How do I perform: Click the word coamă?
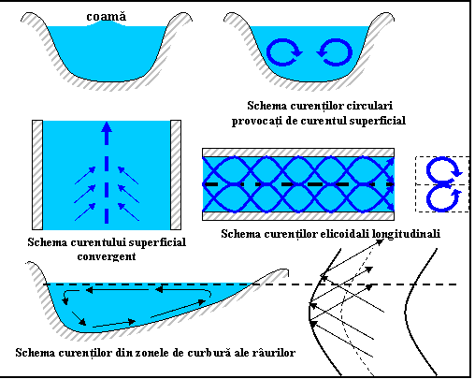point(107,17)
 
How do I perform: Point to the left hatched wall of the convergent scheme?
point(37,175)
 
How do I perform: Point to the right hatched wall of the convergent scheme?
point(176,175)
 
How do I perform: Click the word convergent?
point(107,256)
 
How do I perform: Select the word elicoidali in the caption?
point(345,234)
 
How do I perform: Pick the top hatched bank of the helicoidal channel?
point(298,153)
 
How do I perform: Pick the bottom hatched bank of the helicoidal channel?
point(298,216)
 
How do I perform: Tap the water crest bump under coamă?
point(107,23)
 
